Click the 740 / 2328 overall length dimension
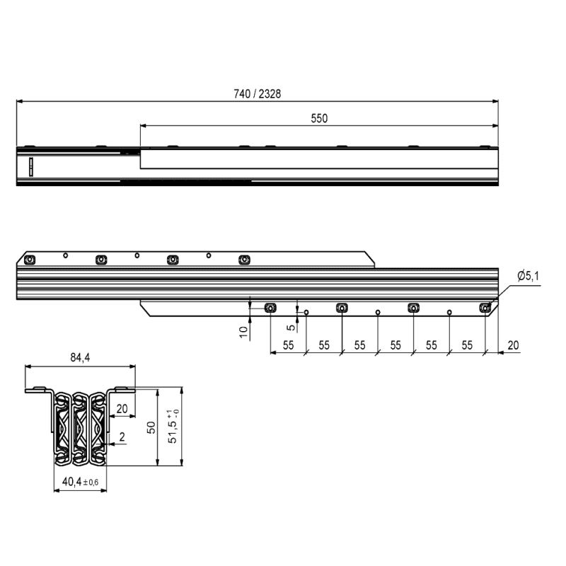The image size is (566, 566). (x=257, y=94)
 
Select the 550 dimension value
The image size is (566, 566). (x=319, y=118)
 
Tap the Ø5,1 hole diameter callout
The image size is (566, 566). (x=528, y=276)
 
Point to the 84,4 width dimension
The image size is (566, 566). (x=80, y=357)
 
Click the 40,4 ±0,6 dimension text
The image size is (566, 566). (x=80, y=482)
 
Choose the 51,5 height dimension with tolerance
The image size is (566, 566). (x=173, y=426)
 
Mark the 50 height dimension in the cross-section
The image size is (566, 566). (x=151, y=427)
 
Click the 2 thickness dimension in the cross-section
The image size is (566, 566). (x=122, y=437)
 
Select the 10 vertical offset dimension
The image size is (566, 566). (x=244, y=332)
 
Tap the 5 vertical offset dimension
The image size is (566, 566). (x=291, y=328)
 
